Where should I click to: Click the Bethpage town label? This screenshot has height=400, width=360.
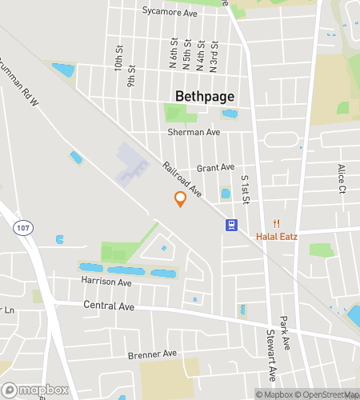click(205, 96)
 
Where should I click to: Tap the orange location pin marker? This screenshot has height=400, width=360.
click(180, 199)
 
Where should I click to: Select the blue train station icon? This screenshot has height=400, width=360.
click(231, 225)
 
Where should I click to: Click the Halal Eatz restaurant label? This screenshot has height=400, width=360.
click(277, 236)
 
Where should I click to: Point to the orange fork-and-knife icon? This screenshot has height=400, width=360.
click(277, 223)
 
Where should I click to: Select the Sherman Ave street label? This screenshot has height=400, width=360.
click(193, 132)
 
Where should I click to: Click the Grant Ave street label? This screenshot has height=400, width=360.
click(215, 168)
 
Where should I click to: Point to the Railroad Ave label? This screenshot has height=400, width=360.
click(182, 181)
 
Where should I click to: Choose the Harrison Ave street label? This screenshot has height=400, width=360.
click(106, 282)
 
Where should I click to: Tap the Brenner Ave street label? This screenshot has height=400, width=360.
click(152, 353)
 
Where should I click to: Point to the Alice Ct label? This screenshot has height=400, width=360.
click(342, 178)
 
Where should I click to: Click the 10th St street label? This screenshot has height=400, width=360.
click(118, 58)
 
